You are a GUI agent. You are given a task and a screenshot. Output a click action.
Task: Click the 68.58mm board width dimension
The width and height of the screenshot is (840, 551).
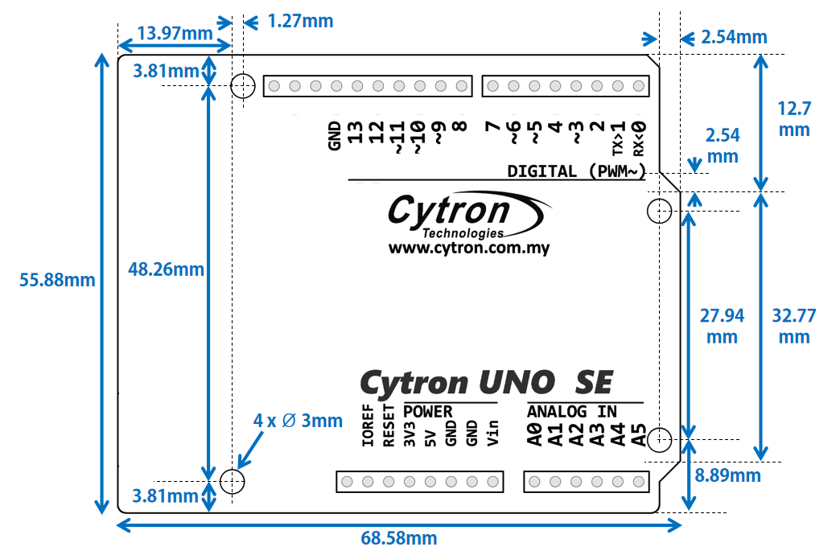click(x=398, y=538)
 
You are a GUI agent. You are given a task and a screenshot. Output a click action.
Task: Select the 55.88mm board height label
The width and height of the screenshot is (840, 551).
click(x=57, y=281)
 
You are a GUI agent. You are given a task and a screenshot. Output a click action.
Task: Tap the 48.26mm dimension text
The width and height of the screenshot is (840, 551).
click(x=167, y=269)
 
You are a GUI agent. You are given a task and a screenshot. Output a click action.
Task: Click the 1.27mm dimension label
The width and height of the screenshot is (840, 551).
click(x=300, y=21)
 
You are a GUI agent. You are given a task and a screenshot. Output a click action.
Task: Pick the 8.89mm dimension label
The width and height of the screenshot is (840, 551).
click(x=727, y=475)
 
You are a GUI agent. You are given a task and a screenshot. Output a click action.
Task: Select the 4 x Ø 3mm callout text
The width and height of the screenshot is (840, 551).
click(x=298, y=421)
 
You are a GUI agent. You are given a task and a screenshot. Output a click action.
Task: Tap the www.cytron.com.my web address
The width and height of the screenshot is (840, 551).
click(x=469, y=249)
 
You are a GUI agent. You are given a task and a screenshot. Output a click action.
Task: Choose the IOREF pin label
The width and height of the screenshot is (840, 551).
click(x=369, y=425)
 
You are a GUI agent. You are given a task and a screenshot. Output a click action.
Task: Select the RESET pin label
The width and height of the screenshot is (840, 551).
click(x=389, y=425)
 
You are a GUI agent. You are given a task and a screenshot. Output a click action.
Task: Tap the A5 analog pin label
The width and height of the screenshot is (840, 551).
click(x=639, y=435)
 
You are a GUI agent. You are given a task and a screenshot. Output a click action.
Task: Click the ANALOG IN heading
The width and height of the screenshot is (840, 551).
click(x=572, y=412)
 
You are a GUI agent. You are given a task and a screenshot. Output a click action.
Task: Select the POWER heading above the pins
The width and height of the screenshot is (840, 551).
click(x=428, y=412)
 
